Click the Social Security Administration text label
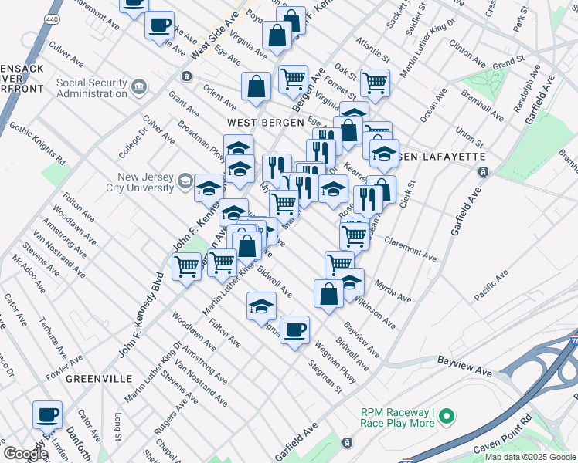pyautogui.click(x=91, y=88)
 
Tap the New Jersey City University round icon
pyautogui.click(x=185, y=181)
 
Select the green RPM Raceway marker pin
pyautogui.click(x=446, y=417)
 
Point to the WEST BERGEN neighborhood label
pyautogui.click(x=257, y=123)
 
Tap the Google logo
pyautogui.click(x=25, y=454)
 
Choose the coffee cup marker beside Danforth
pyautogui.click(x=47, y=415)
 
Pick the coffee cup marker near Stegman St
pyautogui.click(x=294, y=330)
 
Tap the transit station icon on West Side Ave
pyautogui.click(x=186, y=76)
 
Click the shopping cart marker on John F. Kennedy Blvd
pyautogui.click(x=186, y=265)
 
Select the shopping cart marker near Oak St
pyautogui.click(x=375, y=82)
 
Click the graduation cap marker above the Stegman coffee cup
pyautogui.click(x=261, y=306)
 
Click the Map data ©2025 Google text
pyautogui.click(x=530, y=456)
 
